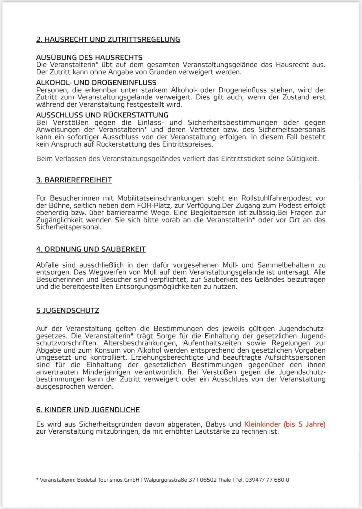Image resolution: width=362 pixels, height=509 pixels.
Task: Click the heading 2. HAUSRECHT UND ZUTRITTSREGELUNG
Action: point(108,40)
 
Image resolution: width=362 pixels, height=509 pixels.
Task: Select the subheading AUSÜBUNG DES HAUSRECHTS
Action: point(89,58)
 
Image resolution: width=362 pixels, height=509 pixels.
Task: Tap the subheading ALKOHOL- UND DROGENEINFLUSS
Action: point(96,83)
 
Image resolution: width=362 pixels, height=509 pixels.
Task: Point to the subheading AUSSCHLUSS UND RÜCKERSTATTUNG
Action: point(102,115)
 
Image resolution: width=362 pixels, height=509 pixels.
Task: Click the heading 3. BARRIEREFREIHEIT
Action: point(74,180)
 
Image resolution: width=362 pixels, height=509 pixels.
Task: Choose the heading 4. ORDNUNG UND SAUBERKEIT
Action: point(91,249)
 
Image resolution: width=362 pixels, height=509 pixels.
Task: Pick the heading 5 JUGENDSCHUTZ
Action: point(68,311)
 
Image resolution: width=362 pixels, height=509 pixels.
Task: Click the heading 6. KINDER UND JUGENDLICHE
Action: point(88,410)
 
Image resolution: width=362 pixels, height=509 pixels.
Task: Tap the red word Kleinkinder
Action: point(262,424)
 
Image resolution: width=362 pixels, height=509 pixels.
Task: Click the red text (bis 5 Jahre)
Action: point(305,424)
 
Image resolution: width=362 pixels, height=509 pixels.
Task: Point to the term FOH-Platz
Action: point(153,206)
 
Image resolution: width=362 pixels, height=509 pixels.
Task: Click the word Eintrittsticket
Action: point(243,159)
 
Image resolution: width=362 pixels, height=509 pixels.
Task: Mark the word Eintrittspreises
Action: point(187,144)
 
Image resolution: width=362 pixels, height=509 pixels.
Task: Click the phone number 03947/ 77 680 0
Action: point(267,480)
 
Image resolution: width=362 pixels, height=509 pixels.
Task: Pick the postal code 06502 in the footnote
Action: point(208,480)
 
